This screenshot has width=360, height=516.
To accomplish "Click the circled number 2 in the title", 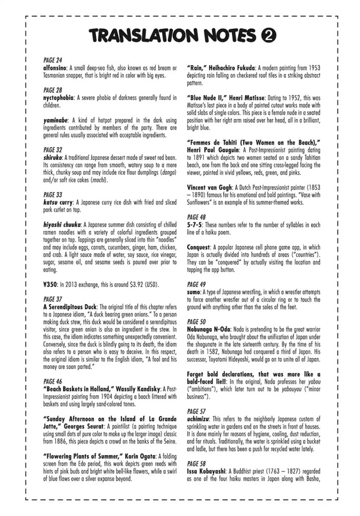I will pos(267,35).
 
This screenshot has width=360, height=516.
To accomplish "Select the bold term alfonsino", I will pos(58,67).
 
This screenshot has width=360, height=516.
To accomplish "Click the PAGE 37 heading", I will pos(52,299).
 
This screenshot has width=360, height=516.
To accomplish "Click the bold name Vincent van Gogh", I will pos(210,187).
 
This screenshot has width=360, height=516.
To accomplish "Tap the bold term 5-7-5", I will pos(196,225).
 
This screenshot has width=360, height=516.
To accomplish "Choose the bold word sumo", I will pos(195,291).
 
